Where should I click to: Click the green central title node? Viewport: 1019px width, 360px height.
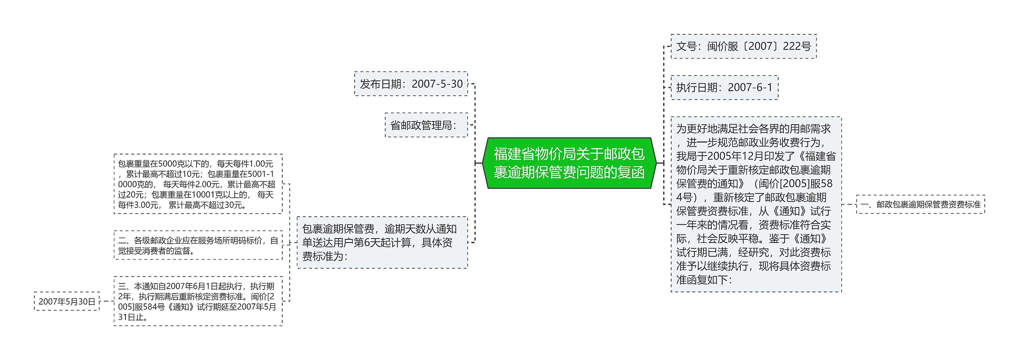click(569, 163)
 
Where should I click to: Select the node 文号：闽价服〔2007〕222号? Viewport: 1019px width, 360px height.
click(744, 47)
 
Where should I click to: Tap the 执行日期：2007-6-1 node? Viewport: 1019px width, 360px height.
click(724, 88)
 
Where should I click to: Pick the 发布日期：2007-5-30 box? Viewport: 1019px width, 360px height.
click(411, 84)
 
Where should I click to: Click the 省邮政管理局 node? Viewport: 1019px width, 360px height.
click(426, 125)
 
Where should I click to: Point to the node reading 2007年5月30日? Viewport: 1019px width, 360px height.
click(67, 301)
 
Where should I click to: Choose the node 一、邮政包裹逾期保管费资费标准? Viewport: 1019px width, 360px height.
click(920, 205)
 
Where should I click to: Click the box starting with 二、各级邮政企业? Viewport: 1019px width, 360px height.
click(198, 246)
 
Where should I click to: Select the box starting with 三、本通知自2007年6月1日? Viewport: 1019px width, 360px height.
click(198, 301)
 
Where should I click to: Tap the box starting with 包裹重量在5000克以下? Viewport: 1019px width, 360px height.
click(198, 184)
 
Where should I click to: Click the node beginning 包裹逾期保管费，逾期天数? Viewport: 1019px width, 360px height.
click(382, 243)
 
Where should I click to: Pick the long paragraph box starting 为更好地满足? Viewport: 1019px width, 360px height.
click(756, 204)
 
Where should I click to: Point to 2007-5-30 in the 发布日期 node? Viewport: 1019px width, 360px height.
click(437, 84)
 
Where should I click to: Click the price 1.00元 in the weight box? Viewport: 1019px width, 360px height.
click(261, 164)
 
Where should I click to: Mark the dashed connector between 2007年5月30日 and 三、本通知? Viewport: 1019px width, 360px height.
click(106, 301)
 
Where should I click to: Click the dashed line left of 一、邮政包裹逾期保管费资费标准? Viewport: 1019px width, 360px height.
click(849, 205)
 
